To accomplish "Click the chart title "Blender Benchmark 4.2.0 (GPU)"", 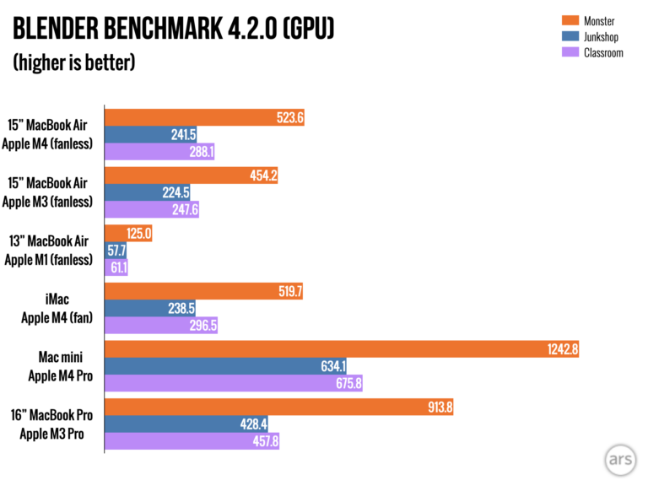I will (x=173, y=31).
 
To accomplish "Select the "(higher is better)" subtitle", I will (x=73, y=63).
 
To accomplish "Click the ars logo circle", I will (x=621, y=459).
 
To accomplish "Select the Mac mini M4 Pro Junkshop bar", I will (x=224, y=366).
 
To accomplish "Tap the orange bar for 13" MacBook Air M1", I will (x=127, y=234).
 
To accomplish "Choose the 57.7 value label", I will (x=115, y=251).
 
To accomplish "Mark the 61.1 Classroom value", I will (x=116, y=267).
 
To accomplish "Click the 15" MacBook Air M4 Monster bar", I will (x=203, y=118).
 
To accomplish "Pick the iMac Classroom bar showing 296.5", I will (x=160, y=325).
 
